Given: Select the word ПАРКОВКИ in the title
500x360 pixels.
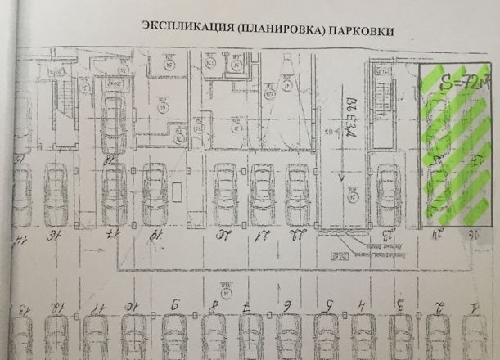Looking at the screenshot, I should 359,29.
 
